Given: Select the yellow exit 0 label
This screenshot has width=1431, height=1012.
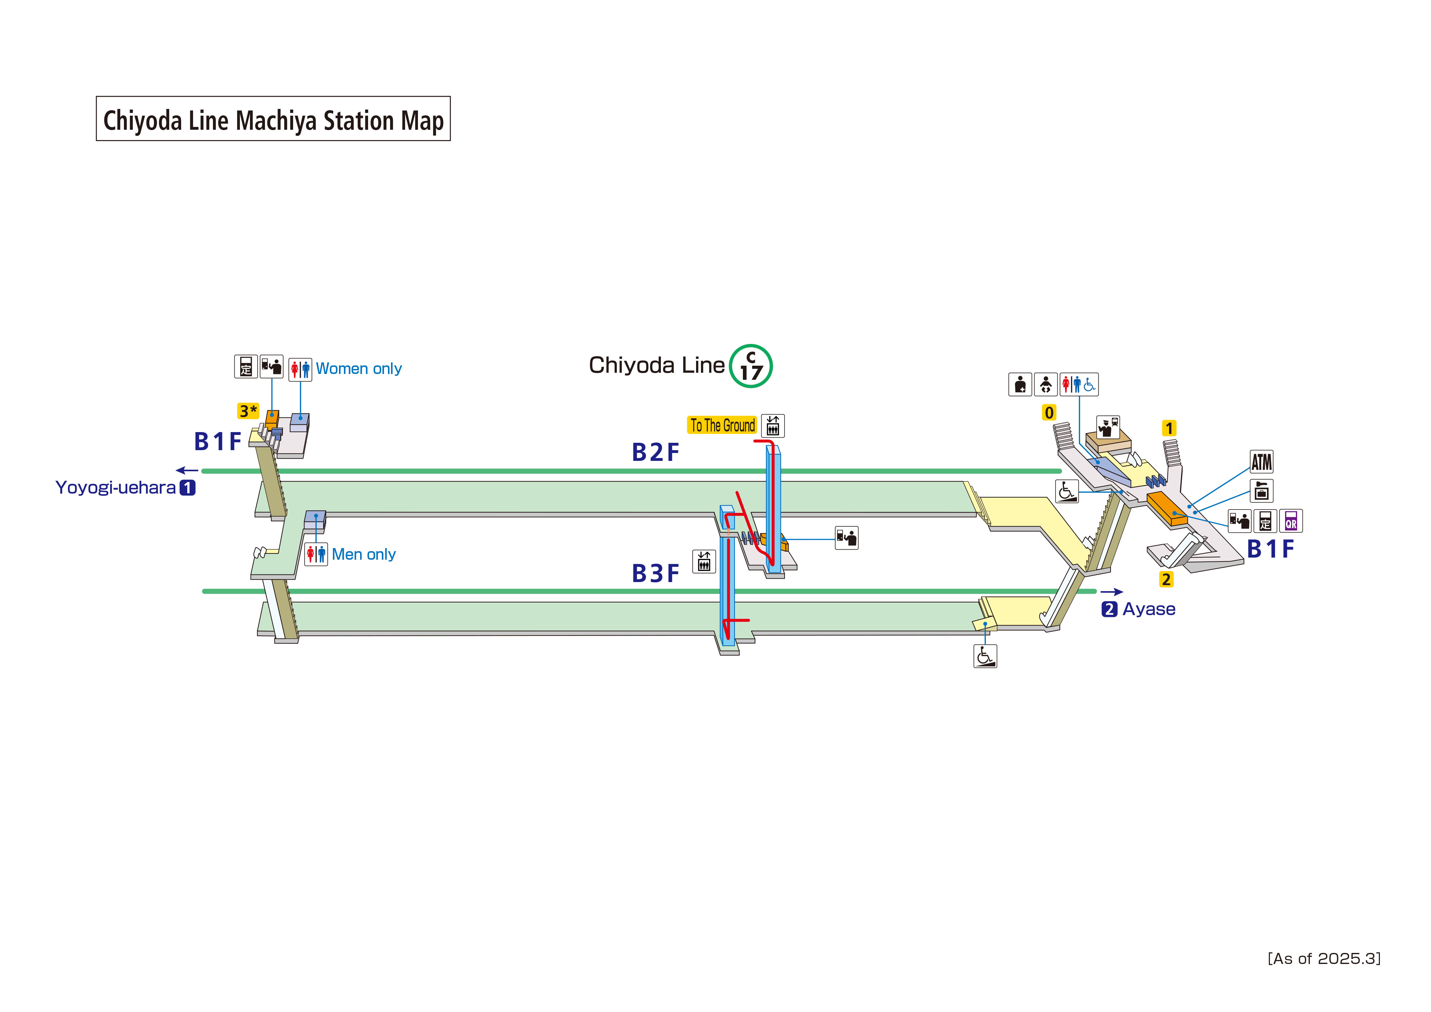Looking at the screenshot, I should [x=1049, y=413].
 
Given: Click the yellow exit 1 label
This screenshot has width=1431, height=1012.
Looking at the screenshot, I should [x=1169, y=428].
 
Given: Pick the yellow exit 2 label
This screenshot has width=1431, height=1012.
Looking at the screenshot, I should [x=1166, y=579].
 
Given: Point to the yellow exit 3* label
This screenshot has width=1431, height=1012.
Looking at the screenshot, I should [x=248, y=411].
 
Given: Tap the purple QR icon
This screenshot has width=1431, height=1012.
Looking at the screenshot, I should [x=1291, y=521].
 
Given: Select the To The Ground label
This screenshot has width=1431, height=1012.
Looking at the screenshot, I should [x=722, y=425].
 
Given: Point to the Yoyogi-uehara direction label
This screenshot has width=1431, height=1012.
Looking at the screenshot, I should [x=116, y=487].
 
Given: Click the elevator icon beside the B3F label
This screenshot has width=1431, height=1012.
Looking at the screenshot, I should [x=704, y=561].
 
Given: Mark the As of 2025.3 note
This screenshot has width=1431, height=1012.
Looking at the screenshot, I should [x=1324, y=958].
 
